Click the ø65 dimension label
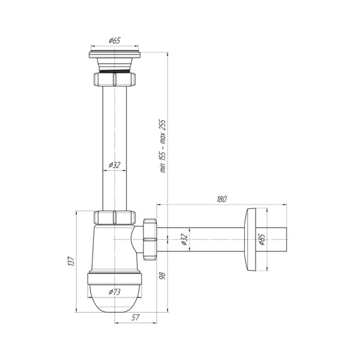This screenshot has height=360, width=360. click(x=115, y=41)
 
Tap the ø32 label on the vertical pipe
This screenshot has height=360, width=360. click(x=115, y=165)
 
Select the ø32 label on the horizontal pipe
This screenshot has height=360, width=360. click(x=184, y=239)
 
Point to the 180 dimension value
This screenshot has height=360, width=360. click(x=221, y=199)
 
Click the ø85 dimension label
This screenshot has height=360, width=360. click(x=262, y=239)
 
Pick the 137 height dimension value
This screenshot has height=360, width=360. click(x=71, y=261)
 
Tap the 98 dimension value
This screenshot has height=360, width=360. click(x=163, y=275)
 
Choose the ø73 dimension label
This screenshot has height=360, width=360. click(x=115, y=292)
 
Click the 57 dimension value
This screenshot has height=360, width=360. click(x=136, y=317)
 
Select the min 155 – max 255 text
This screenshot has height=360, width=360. click(x=163, y=146)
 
